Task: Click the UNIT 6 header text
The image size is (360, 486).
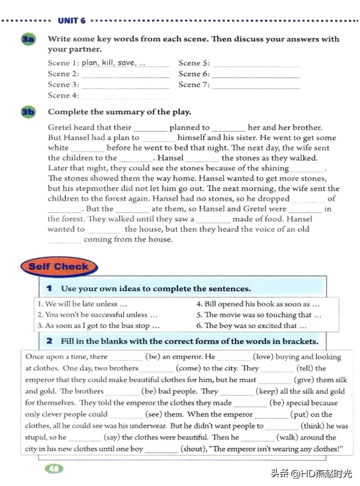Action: pyautogui.click(x=71, y=21)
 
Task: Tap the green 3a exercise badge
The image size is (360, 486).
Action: pyautogui.click(x=28, y=39)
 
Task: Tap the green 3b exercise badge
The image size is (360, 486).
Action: pyautogui.click(x=28, y=112)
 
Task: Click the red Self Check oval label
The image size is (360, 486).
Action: pyautogui.click(x=59, y=266)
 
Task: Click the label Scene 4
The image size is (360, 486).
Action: pyautogui.click(x=63, y=95)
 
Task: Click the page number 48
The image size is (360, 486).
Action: pyautogui.click(x=54, y=468)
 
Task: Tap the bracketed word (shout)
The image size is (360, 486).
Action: pyautogui.click(x=193, y=449)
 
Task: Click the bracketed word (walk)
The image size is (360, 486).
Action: pyautogui.click(x=288, y=437)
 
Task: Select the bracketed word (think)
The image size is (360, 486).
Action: pyautogui.click(x=313, y=426)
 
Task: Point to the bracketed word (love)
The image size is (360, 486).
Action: pyautogui.click(x=263, y=357)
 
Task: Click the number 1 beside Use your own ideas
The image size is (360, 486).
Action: pyautogui.click(x=49, y=288)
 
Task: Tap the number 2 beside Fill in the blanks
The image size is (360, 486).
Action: pyautogui.click(x=49, y=341)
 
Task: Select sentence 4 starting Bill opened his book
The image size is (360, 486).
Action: pyautogui.click(x=258, y=304)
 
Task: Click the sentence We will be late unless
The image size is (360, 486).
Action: pyautogui.click(x=82, y=304)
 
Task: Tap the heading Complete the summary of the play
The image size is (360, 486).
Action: pyautogui.click(x=120, y=112)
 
